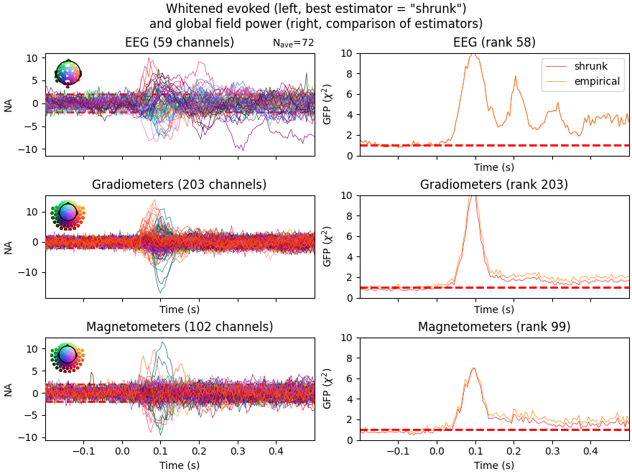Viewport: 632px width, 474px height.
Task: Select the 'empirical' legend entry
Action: pyautogui.click(x=597, y=81)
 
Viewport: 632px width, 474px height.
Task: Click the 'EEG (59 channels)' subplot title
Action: pyautogui.click(x=180, y=42)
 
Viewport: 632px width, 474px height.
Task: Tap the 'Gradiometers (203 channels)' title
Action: pyautogui.click(x=180, y=185)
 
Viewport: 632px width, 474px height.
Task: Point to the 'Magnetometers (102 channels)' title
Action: pyautogui.click(x=180, y=327)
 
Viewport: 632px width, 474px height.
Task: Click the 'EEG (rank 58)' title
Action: pyautogui.click(x=494, y=42)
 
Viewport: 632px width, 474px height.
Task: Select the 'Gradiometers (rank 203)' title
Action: pyautogui.click(x=494, y=185)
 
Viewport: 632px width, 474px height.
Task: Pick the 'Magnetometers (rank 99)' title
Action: pyautogui.click(x=494, y=327)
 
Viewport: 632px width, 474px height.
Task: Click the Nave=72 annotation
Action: pyautogui.click(x=293, y=44)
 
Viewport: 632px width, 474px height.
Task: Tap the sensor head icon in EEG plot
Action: pyautogui.click(x=68, y=72)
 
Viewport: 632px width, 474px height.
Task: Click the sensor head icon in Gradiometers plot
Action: pyautogui.click(x=68, y=213)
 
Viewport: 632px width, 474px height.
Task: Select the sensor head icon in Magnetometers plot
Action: pyautogui.click(x=68, y=355)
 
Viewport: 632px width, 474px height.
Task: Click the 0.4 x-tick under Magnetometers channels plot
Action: pyautogui.click(x=276, y=452)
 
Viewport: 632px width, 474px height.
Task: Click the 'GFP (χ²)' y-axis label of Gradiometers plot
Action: pyautogui.click(x=327, y=246)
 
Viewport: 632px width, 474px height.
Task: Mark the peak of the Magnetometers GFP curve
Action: pyautogui.click(x=473, y=368)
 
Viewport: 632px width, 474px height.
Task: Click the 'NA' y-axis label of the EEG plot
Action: pyautogui.click(x=9, y=105)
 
